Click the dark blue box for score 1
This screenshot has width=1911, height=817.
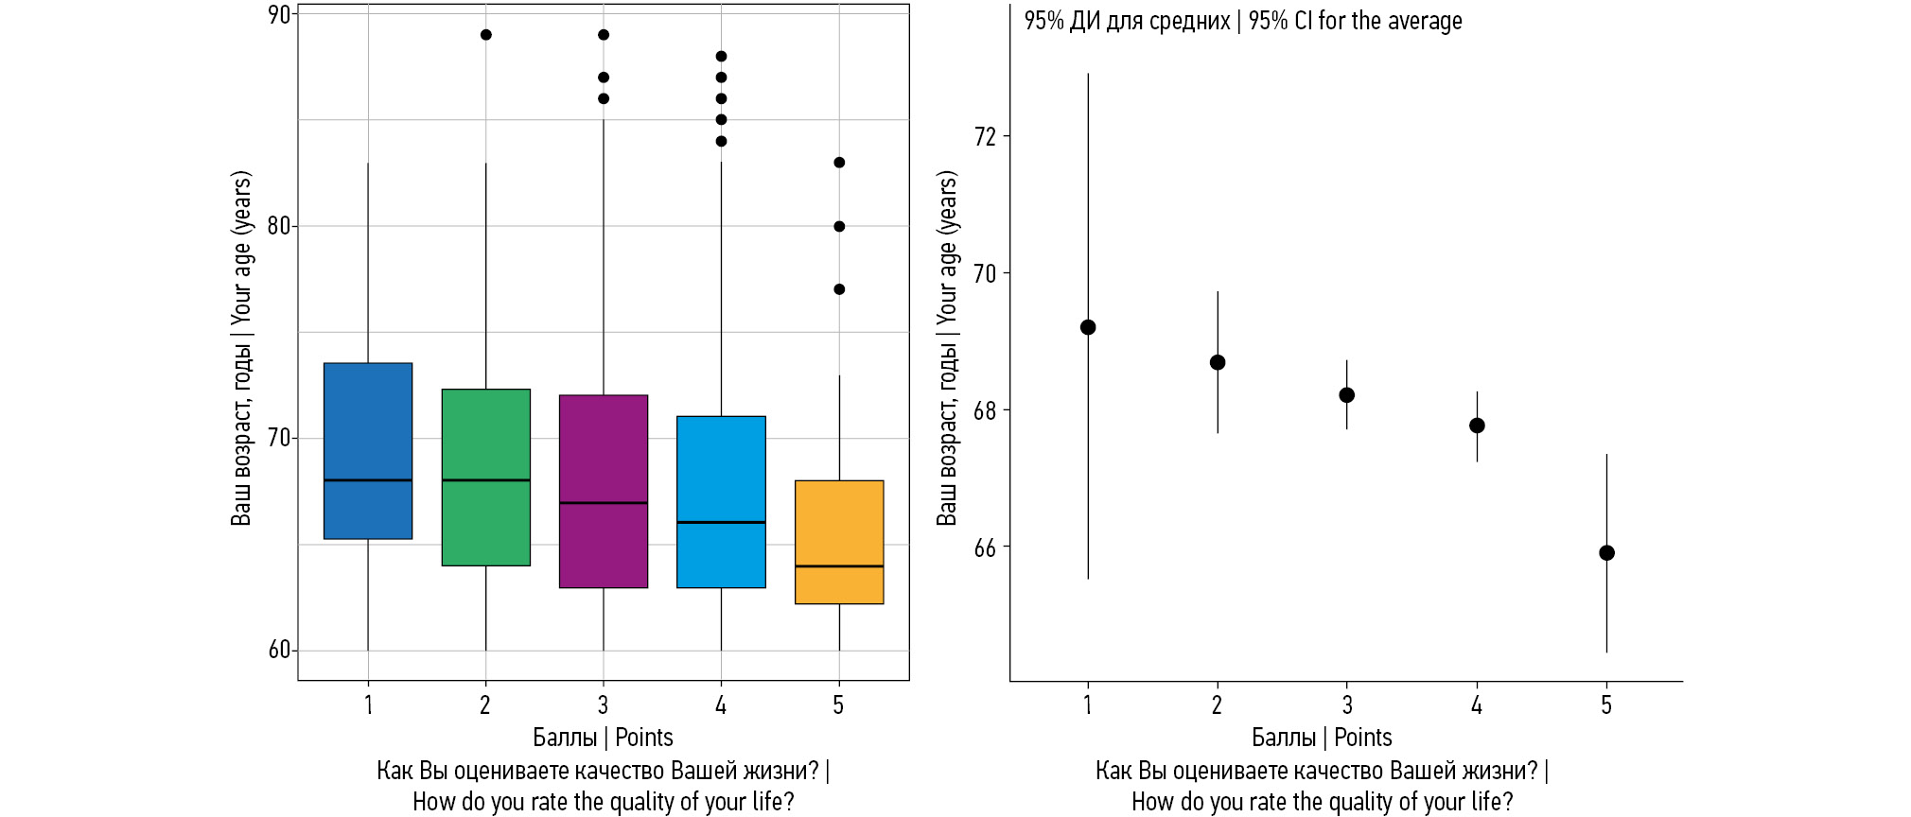click(x=368, y=451)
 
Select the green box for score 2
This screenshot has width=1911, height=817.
click(x=485, y=478)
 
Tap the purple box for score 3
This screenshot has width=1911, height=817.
click(x=604, y=491)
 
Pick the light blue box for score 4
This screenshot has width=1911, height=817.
click(x=721, y=501)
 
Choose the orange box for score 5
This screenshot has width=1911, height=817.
click(x=839, y=542)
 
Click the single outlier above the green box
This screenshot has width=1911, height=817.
click(x=485, y=35)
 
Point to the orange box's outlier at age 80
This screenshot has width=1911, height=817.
click(x=839, y=226)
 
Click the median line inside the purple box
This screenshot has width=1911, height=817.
click(x=604, y=503)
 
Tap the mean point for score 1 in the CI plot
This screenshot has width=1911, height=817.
click(x=1088, y=327)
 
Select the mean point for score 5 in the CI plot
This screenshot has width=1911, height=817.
click(x=1606, y=553)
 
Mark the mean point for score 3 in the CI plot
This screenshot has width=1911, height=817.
click(x=1347, y=395)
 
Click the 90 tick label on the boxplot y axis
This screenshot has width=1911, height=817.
click(x=279, y=15)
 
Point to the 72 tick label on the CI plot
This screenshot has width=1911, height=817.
click(x=985, y=137)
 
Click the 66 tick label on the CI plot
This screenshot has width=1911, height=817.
click(x=985, y=548)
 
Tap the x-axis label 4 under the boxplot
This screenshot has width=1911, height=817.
click(x=721, y=705)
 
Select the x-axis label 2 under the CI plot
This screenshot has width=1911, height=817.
click(x=1218, y=705)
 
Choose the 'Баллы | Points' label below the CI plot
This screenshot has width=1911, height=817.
click(x=1322, y=738)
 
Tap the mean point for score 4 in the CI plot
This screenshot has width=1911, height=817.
click(x=1477, y=426)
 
